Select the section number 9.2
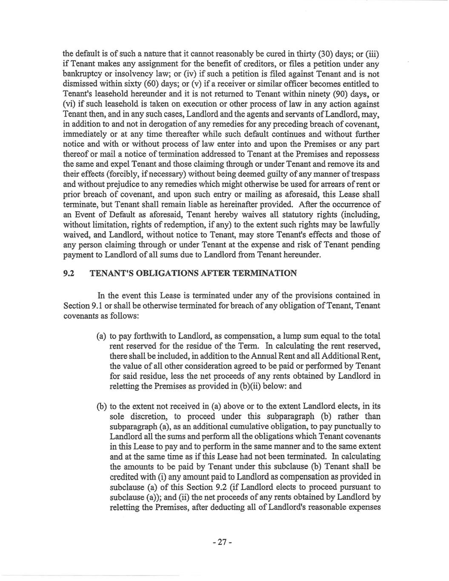(x=69, y=273)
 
